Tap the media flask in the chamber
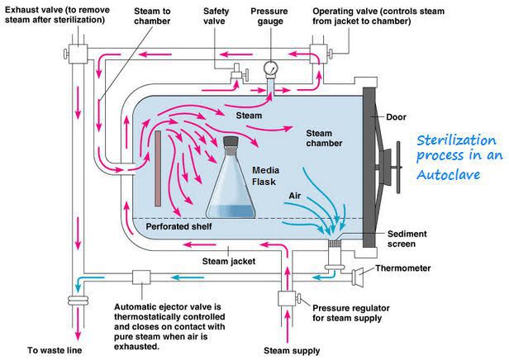[232, 182]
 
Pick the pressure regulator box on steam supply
[289, 297]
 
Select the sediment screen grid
[335, 244]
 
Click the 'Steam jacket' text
[228, 262]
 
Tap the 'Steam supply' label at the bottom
[291, 351]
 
